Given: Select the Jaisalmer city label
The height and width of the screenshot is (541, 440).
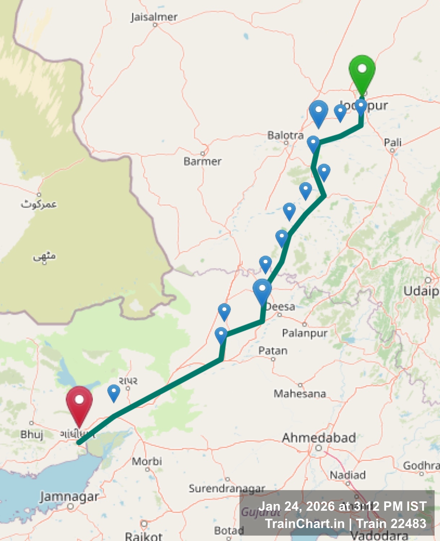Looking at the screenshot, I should [154, 17].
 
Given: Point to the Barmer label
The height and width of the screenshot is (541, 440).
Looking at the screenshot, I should [202, 161].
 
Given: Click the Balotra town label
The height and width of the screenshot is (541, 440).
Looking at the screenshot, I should [285, 136].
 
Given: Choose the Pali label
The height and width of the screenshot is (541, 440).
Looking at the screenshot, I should [393, 142].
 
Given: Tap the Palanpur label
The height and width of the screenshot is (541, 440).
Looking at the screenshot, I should [305, 333].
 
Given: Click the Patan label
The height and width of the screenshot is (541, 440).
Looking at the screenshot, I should [273, 351].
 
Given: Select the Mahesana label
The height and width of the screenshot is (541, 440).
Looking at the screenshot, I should [300, 393].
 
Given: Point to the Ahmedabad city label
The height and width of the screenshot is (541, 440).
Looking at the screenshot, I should [319, 438].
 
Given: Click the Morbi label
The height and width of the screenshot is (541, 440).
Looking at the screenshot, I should [147, 461].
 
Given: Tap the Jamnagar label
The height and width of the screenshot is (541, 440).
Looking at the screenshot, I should [69, 497].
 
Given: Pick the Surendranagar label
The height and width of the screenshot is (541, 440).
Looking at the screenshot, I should [227, 488].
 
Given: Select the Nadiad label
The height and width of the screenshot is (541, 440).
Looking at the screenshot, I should [348, 475].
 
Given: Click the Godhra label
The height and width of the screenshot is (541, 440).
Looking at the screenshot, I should [421, 466].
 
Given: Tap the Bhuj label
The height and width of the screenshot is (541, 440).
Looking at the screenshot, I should [32, 434].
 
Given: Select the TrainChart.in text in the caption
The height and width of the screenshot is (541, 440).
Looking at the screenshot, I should [305, 524].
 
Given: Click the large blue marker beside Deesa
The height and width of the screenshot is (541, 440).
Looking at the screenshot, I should [262, 291].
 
